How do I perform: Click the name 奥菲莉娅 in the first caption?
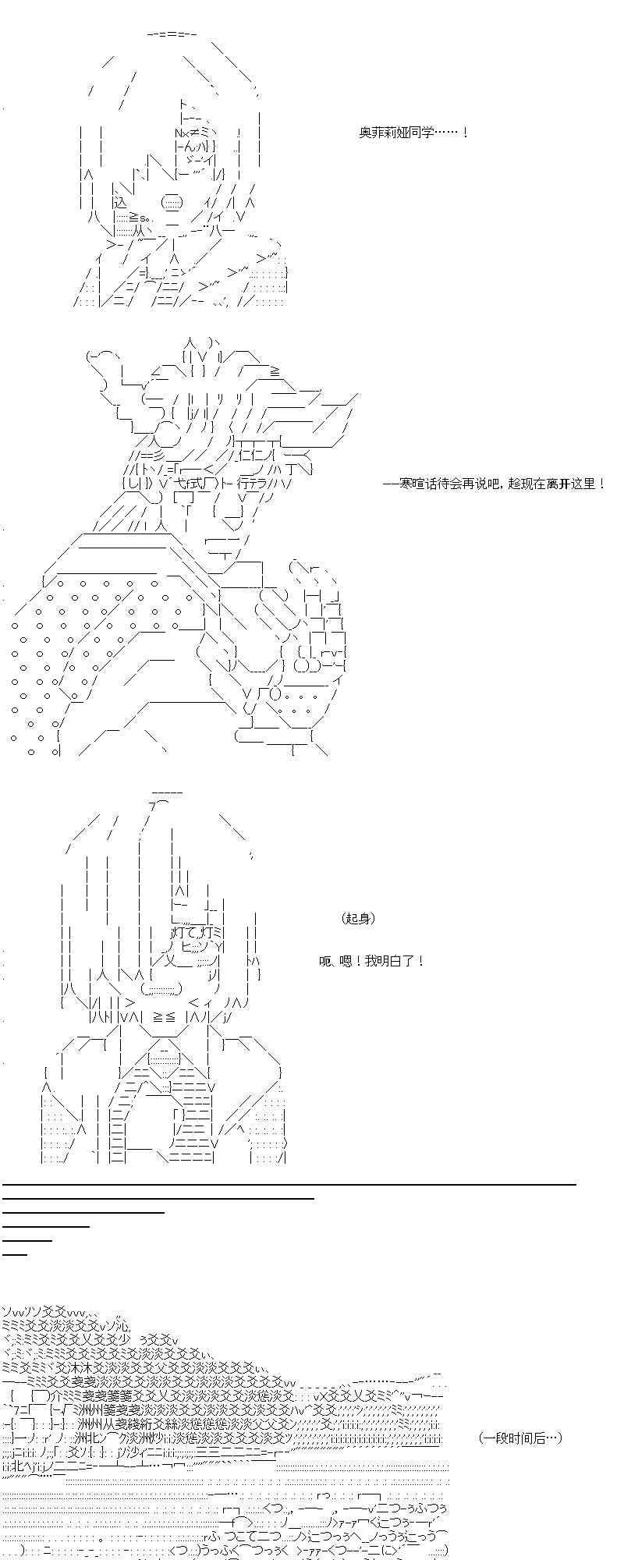click(385, 133)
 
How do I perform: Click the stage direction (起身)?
click(359, 918)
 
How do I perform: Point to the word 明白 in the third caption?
click(390, 960)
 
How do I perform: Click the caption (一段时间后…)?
click(520, 1438)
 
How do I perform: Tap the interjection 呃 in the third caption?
click(325, 960)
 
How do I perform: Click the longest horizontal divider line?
click(289, 1184)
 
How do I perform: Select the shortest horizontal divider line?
click(15, 1254)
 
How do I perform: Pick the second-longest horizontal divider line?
click(158, 1198)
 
